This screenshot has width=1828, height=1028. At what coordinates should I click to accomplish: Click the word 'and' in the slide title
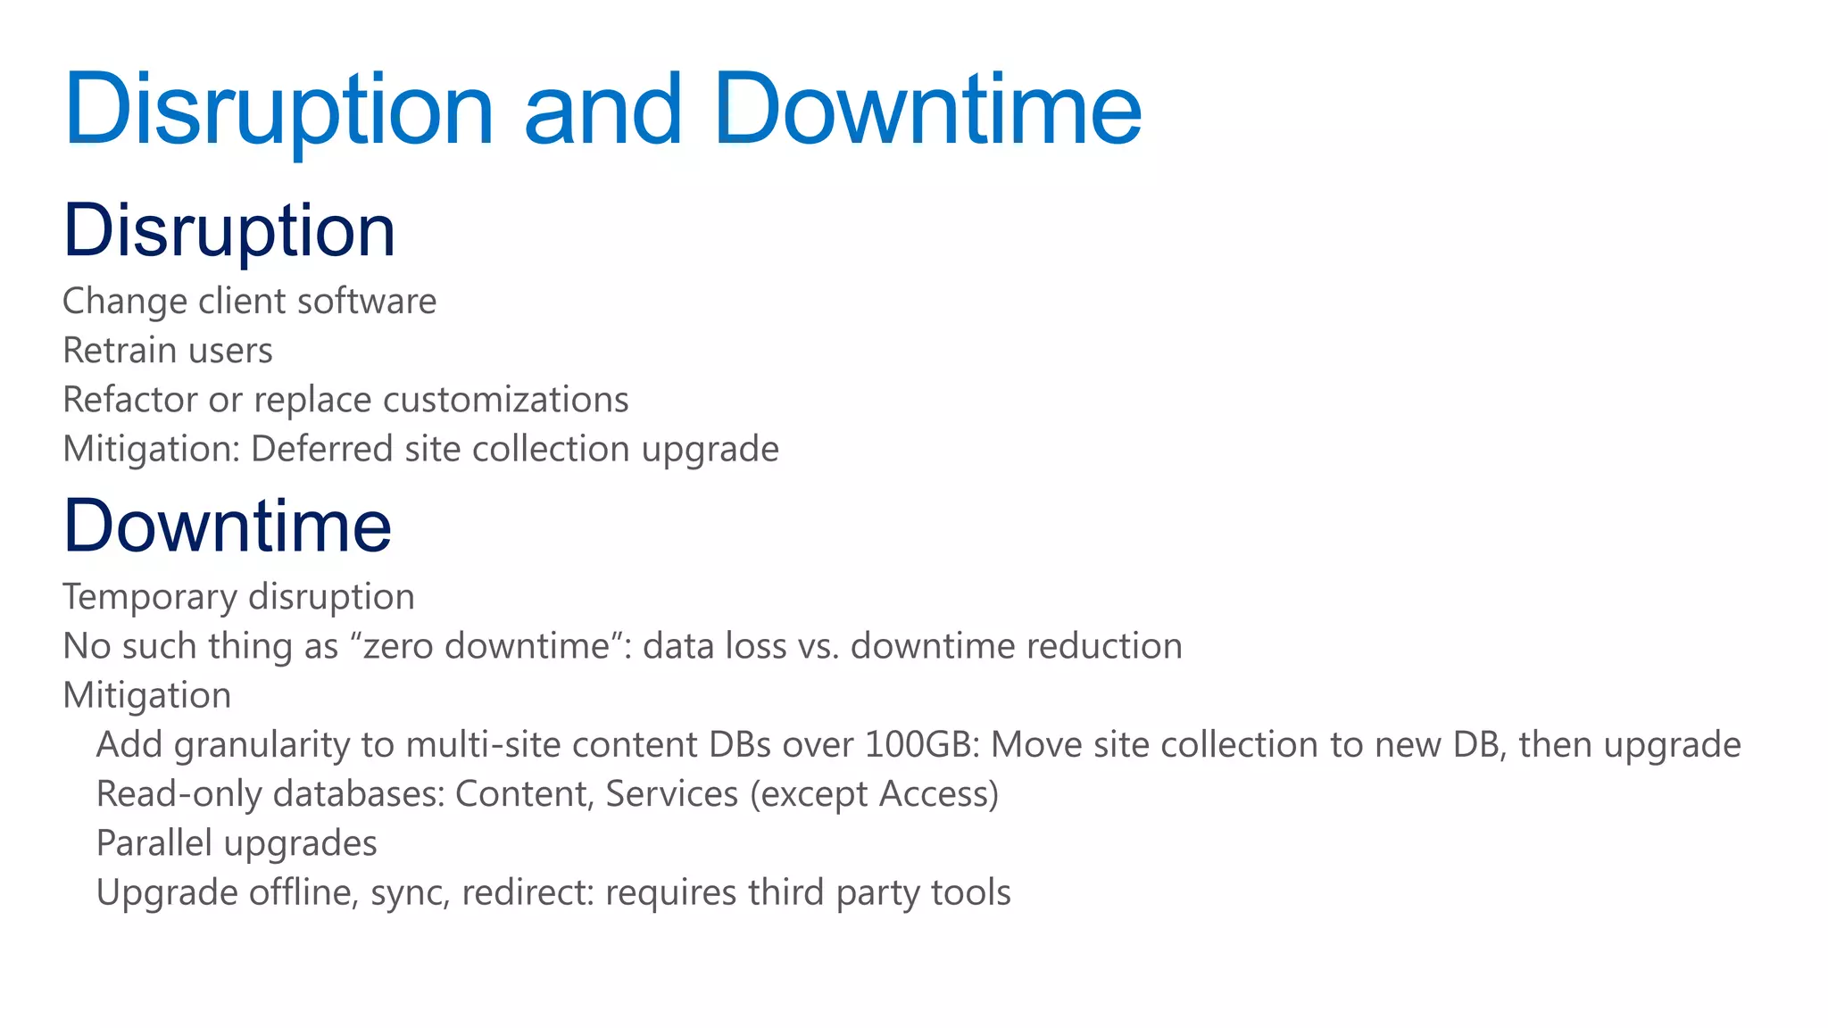[x=603, y=110]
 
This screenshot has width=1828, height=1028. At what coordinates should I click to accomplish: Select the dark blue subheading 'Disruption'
[x=228, y=231]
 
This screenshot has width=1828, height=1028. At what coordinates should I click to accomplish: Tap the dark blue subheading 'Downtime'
[x=228, y=526]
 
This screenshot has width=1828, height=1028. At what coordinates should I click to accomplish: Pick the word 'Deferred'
[x=321, y=449]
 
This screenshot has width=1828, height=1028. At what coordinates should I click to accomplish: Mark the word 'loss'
[x=755, y=646]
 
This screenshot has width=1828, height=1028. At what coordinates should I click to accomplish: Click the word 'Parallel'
[x=154, y=843]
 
